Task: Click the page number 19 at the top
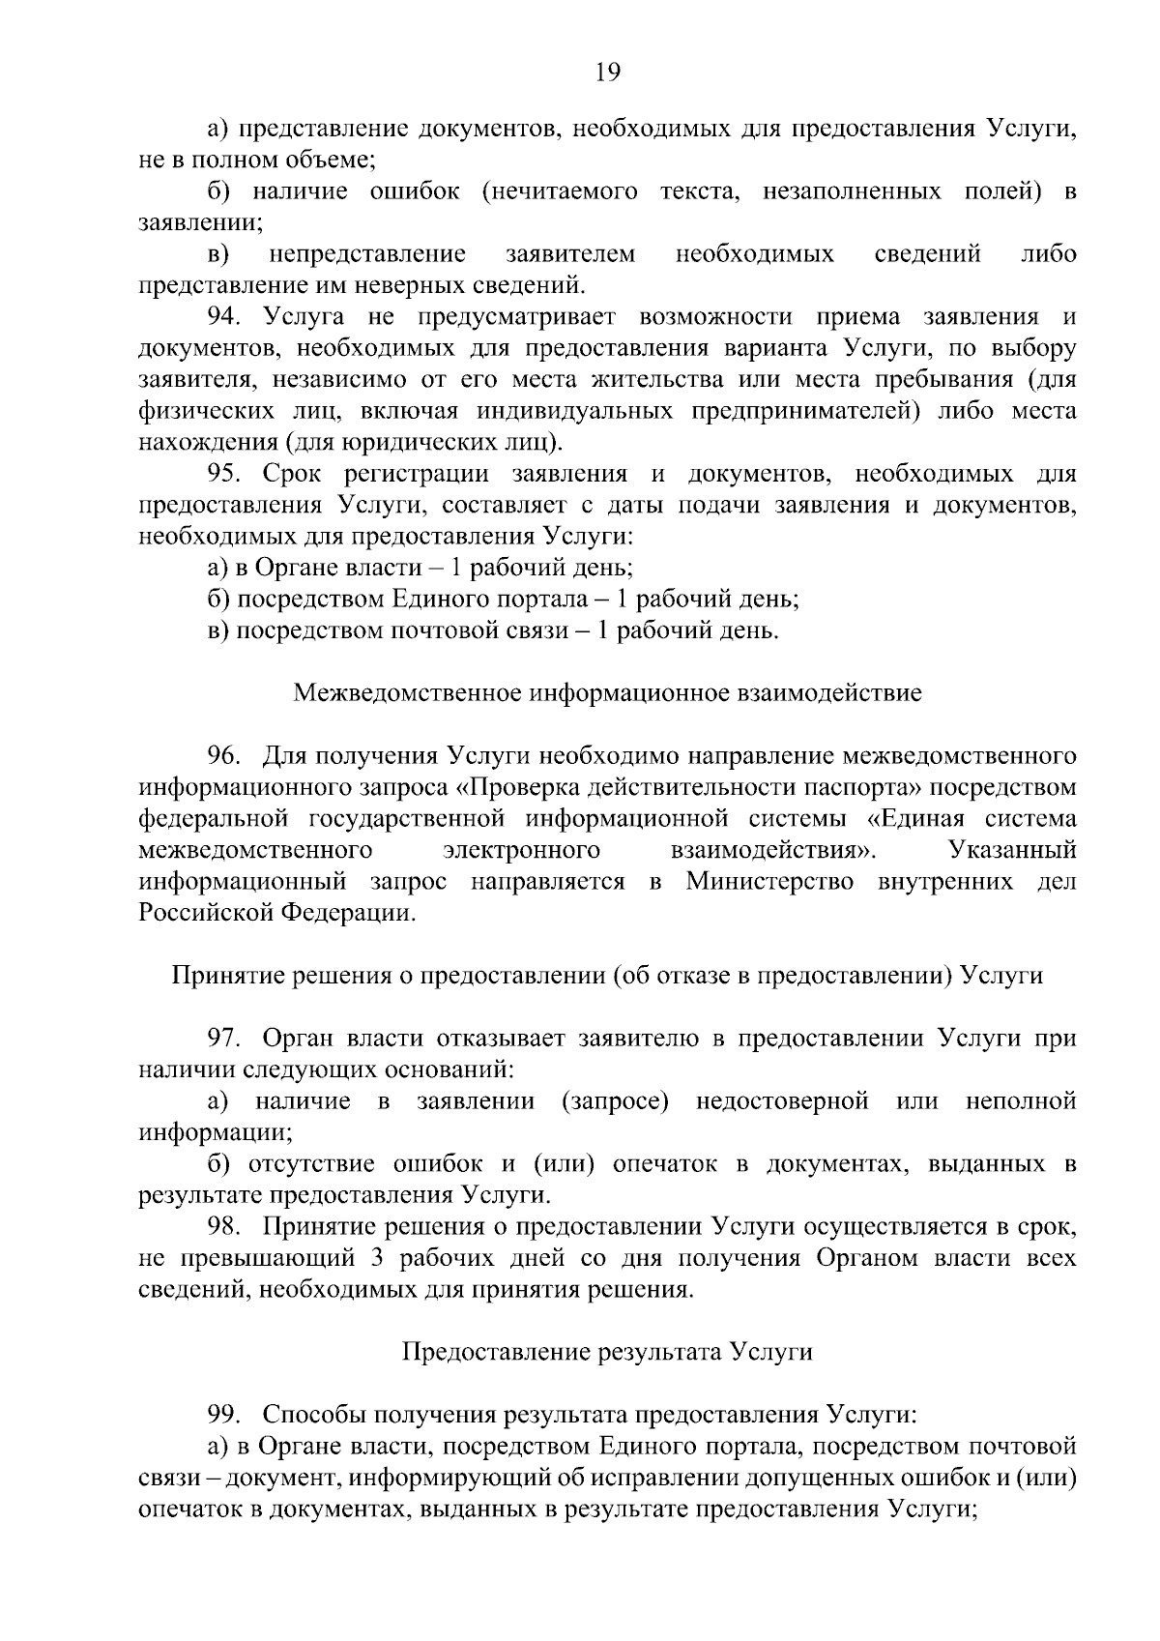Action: coord(607,73)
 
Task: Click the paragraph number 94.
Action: coord(227,317)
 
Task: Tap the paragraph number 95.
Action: coord(227,474)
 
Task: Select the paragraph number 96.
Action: coord(227,755)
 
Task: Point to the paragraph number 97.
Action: coord(227,1039)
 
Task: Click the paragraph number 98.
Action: coord(227,1227)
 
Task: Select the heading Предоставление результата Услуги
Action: coord(607,1352)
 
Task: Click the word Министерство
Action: coord(769,882)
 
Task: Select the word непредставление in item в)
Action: coord(367,254)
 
